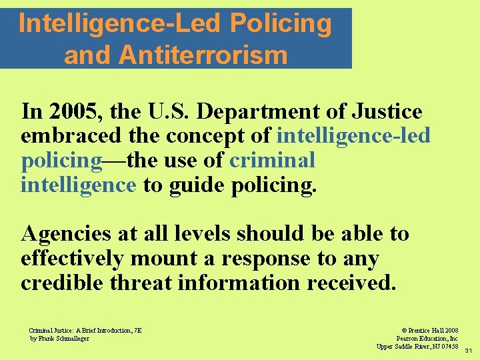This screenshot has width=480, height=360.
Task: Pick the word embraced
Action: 61,136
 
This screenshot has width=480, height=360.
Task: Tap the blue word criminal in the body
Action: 272,161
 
